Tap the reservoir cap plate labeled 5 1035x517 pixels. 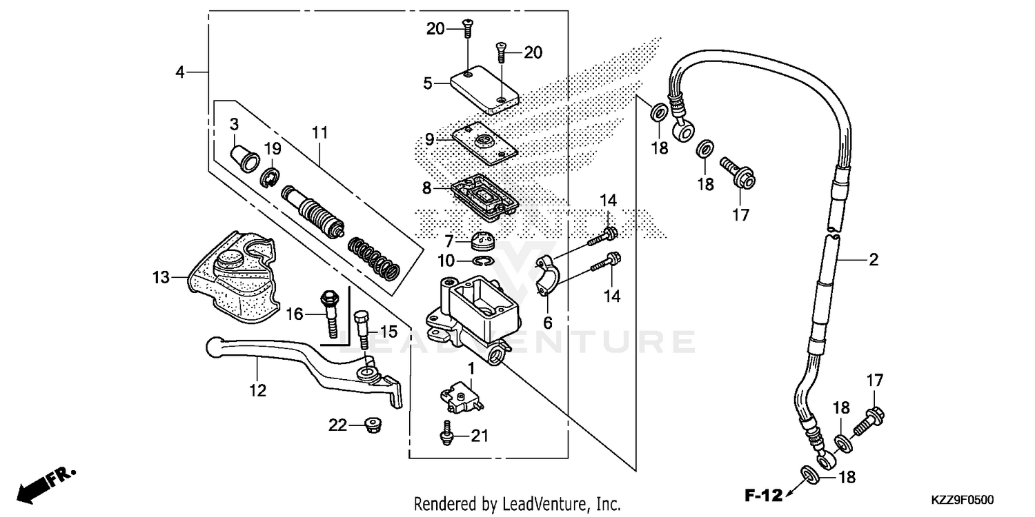pyautogui.click(x=484, y=88)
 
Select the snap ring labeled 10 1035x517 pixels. pyautogui.click(x=486, y=261)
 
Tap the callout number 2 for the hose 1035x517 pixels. pyautogui.click(x=873, y=261)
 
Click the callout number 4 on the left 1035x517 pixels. pyautogui.click(x=180, y=72)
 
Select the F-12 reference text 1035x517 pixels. pyautogui.click(x=763, y=494)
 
